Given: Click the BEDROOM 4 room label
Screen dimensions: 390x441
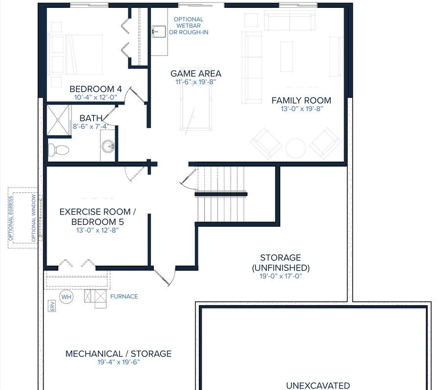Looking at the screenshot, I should pos(96,89).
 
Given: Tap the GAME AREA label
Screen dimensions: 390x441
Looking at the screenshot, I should pos(196,73).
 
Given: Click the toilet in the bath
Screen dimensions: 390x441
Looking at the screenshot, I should pos(58,149).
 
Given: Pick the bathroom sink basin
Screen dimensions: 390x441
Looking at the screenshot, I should pos(108,146).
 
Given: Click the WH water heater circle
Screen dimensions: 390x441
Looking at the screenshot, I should pos(66,296).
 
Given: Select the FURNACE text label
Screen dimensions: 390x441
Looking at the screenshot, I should pos(124,296).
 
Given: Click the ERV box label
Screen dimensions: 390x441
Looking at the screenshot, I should pos(51,306).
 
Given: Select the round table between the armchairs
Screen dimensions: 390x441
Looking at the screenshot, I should pos(296,147).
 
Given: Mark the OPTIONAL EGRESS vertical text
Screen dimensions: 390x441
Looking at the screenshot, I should pos(10,220).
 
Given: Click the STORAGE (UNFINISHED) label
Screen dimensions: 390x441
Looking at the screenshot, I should pos(280,263).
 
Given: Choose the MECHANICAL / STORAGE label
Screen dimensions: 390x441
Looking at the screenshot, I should pos(119,353).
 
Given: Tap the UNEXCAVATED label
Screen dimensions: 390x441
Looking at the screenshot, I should pos(318,386).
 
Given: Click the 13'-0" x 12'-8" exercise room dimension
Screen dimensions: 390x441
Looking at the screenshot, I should pos(97,229).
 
